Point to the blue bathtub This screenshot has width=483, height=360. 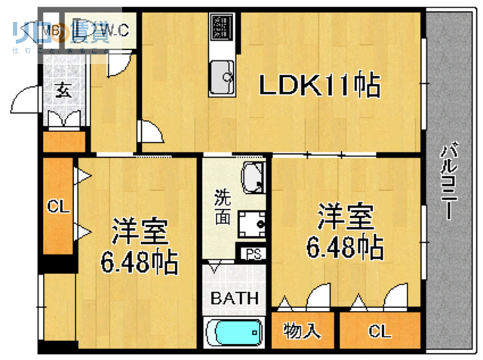233,331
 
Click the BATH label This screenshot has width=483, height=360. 234,298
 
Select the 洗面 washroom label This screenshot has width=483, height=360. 222,206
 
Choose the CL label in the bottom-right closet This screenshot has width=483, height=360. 380,331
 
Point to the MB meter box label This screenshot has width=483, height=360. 54,30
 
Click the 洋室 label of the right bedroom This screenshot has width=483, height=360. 344,217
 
